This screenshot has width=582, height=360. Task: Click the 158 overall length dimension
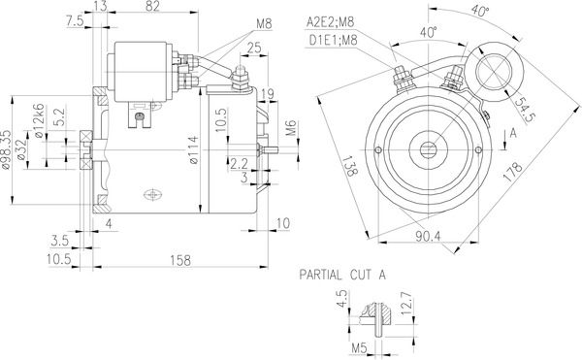180,260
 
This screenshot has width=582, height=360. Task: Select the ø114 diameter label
193,150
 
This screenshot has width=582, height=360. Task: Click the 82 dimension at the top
152,6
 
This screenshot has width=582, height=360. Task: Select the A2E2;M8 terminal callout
331,22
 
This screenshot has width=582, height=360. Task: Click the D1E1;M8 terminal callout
333,40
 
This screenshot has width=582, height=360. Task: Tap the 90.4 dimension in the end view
428,236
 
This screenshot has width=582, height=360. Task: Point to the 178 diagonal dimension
512,172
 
